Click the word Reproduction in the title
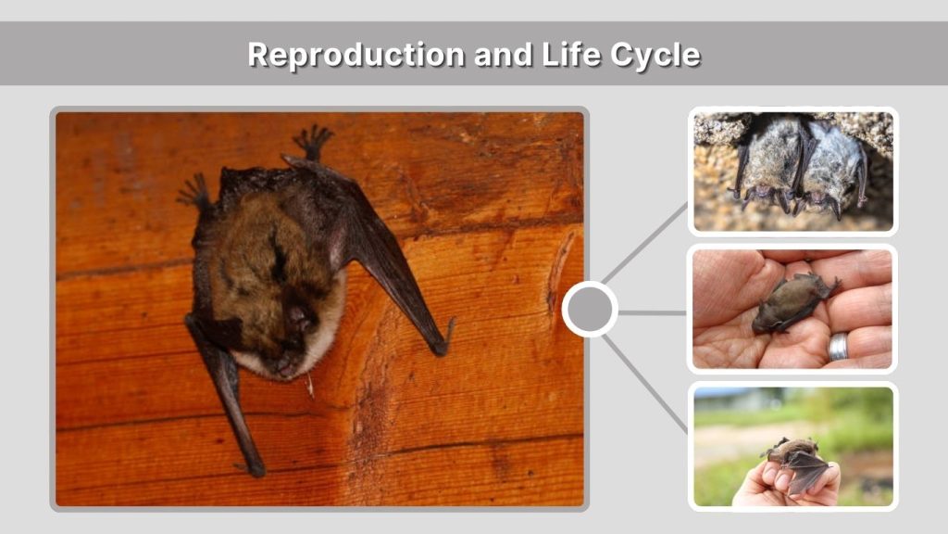pos(356,55)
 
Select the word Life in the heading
pos(568,55)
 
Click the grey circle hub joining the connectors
pos(590,310)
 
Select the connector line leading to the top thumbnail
pos(645,243)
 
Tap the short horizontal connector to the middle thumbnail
pos(652,312)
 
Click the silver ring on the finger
pos(839,347)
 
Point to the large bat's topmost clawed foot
pos(313,141)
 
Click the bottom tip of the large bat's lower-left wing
pos(254,469)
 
